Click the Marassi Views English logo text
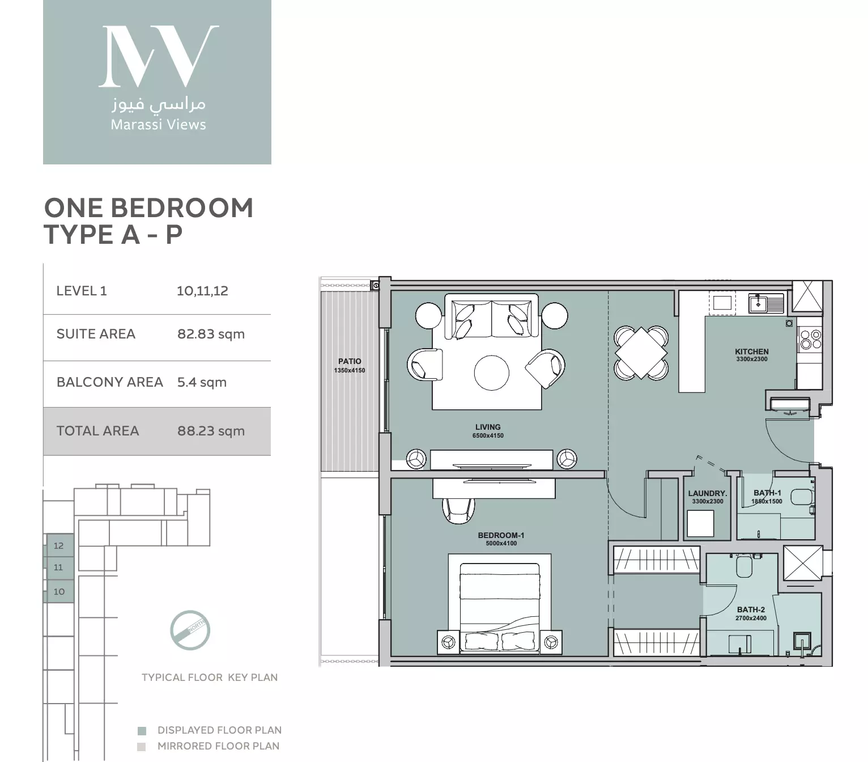pyautogui.click(x=158, y=125)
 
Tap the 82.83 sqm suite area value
pyautogui.click(x=211, y=334)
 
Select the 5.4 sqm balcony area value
pyautogui.click(x=202, y=382)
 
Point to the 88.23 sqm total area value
pyautogui.click(x=211, y=431)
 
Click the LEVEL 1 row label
pyautogui.click(x=82, y=291)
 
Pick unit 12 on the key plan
pyautogui.click(x=59, y=545)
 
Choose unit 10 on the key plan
pyautogui.click(x=59, y=591)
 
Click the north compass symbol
pyautogui.click(x=190, y=630)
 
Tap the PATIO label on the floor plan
pyautogui.click(x=350, y=361)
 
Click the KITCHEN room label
pyautogui.click(x=752, y=352)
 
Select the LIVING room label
pyautogui.click(x=488, y=427)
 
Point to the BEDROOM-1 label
pyautogui.click(x=501, y=535)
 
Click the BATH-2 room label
pyautogui.click(x=751, y=609)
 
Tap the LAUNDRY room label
pyautogui.click(x=707, y=493)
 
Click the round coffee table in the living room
pyautogui.click(x=491, y=372)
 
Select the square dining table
pyautogui.click(x=641, y=352)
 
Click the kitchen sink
pyautogui.click(x=758, y=304)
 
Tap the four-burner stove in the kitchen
pyautogui.click(x=809, y=339)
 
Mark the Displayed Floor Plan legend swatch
pyautogui.click(x=142, y=731)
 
